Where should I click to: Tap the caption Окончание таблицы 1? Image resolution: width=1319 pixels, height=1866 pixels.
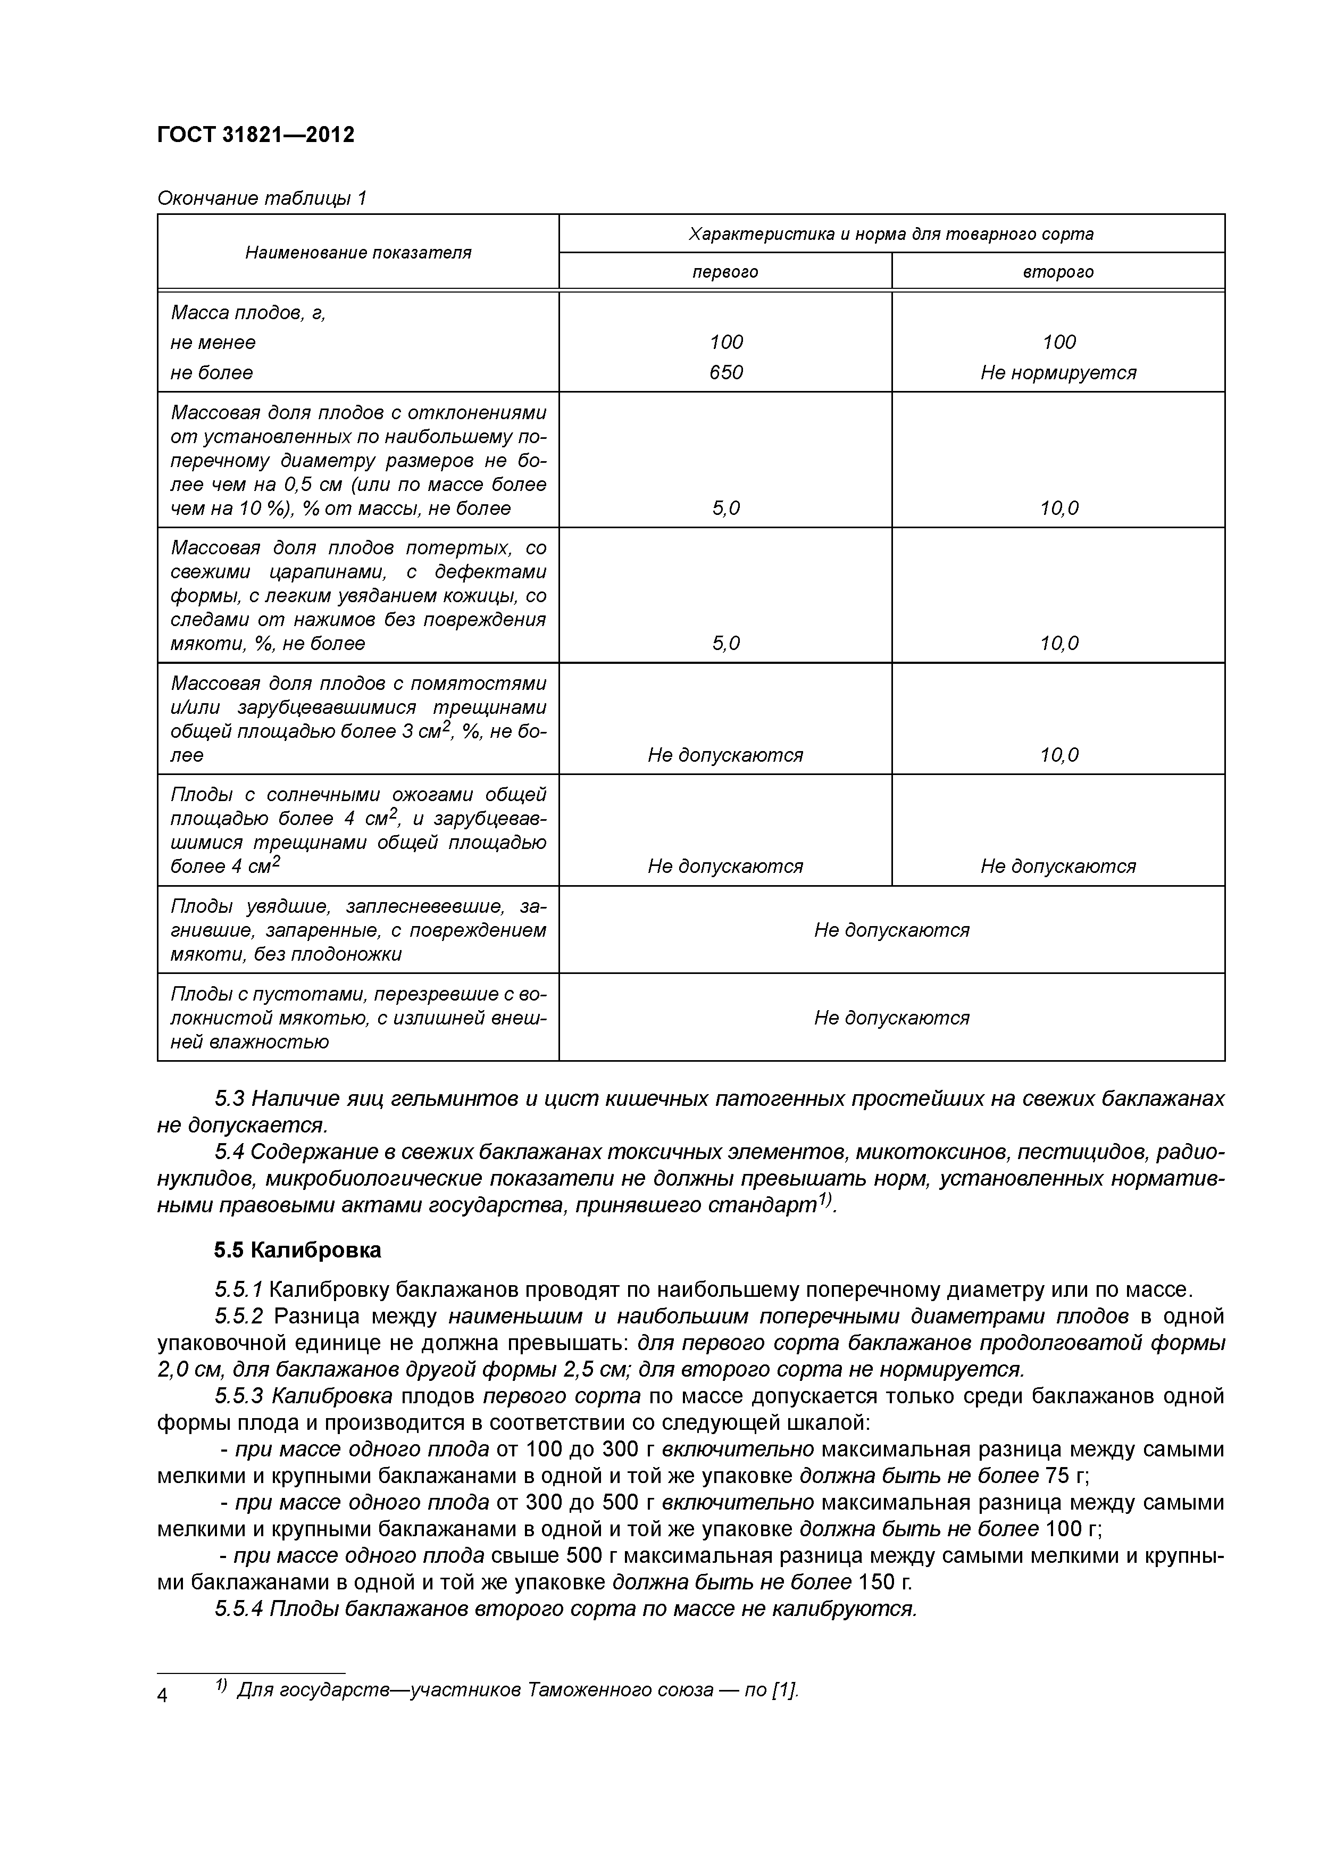(x=262, y=197)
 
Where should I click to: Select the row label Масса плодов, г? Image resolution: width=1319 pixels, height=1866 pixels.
(x=248, y=313)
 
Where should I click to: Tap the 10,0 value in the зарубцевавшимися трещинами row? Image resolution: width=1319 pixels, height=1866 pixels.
(x=1058, y=755)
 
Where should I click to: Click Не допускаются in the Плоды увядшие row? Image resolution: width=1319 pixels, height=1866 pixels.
(x=891, y=930)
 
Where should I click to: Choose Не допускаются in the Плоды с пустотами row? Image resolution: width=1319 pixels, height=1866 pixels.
(x=891, y=1018)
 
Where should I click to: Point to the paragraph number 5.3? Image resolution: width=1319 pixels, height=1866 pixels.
(x=230, y=1099)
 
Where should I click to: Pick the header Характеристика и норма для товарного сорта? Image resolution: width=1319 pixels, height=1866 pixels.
(x=891, y=234)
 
